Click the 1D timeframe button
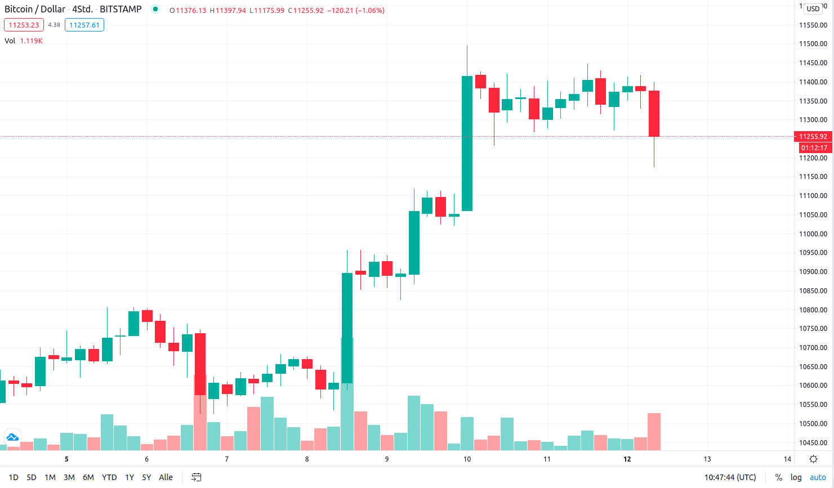[14, 477]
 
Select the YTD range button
[109, 477]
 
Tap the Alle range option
[166, 477]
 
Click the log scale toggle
[796, 477]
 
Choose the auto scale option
[818, 477]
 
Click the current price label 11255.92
[813, 136]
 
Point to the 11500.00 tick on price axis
[813, 44]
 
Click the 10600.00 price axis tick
[813, 386]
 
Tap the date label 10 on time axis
[467, 459]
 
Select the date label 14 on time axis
[787, 459]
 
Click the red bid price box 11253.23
[24, 25]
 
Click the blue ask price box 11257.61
[84, 25]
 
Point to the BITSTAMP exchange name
[121, 9]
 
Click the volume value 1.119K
[32, 41]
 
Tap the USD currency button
[813, 8]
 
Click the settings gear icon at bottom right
[813, 459]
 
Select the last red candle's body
[654, 114]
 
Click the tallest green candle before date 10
[467, 144]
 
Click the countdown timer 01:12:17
[814, 148]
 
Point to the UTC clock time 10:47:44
[730, 477]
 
